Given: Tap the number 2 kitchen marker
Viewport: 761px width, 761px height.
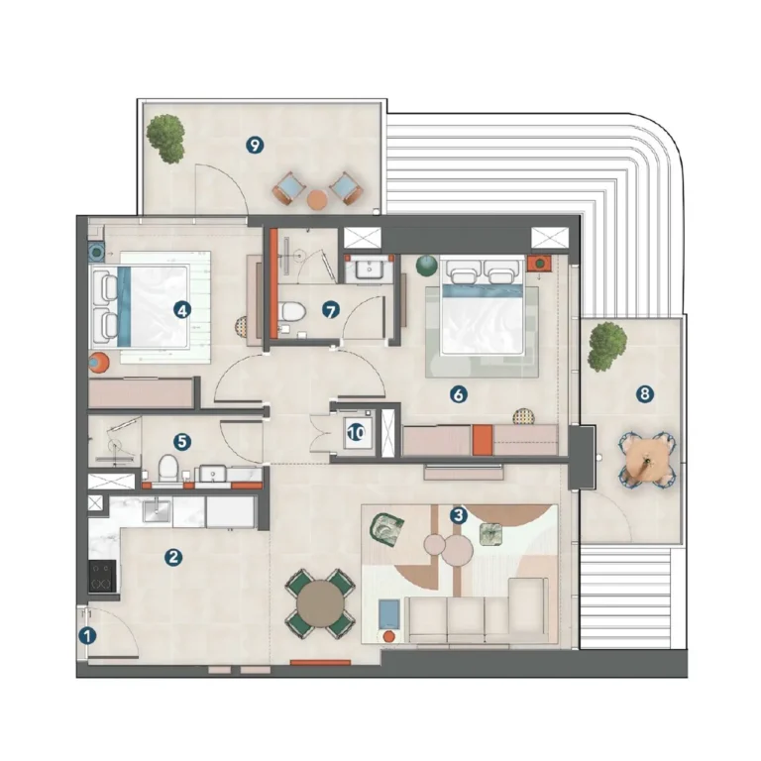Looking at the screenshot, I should point(173,558).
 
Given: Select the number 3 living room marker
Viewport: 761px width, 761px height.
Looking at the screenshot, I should point(458,515).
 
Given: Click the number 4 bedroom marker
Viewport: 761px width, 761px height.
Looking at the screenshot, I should point(180,309).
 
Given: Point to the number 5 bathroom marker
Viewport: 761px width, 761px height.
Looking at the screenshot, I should point(180,440).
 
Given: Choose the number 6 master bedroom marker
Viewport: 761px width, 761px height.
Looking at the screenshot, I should point(458,394).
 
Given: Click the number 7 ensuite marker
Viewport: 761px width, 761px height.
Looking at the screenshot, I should point(331,310).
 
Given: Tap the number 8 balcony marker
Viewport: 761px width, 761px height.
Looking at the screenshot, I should point(645,394).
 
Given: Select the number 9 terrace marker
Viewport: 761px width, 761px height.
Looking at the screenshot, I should point(256,146).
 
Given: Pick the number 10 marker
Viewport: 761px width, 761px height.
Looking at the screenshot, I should point(355,432).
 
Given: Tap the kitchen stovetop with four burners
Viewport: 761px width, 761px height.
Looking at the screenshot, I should point(101,577).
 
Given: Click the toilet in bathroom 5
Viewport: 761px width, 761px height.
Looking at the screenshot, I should point(167,468).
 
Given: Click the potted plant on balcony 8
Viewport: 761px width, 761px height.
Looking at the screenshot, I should point(607,344).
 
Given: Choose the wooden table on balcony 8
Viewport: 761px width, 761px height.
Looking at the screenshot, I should point(649,461).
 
